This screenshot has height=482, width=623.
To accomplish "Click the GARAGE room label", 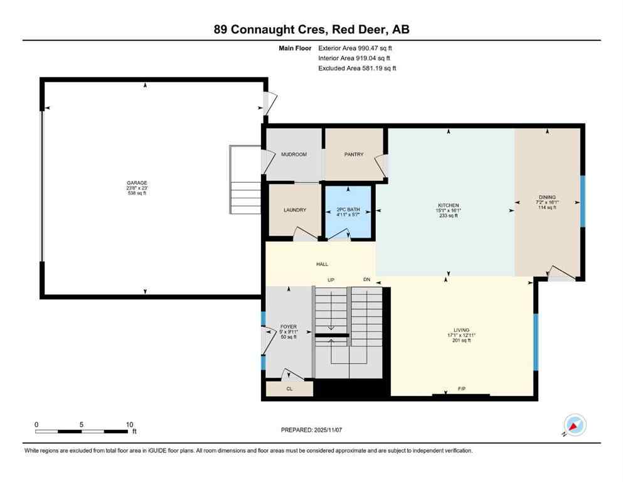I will click(137, 183).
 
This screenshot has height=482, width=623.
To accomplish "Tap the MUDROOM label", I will click(294, 154).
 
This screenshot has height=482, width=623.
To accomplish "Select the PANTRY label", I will click(354, 154).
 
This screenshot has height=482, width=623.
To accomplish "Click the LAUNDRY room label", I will click(294, 210).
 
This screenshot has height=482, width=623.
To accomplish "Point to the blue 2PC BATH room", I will click(347, 213).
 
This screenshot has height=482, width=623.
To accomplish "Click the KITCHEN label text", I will click(449, 206).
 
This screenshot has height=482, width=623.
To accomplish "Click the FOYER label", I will click(288, 327).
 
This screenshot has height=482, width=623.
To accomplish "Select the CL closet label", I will click(289, 389).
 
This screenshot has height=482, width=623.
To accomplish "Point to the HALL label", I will click(322, 265).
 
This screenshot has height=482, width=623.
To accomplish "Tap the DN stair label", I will click(367, 280).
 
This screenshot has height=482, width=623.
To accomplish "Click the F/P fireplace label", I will click(461, 390).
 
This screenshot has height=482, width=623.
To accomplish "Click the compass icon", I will click(574, 425).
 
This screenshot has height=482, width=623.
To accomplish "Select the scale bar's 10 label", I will click(129, 424).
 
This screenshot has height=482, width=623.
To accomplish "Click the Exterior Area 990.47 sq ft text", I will click(356, 48).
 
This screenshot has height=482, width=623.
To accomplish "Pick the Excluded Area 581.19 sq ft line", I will click(357, 68).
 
